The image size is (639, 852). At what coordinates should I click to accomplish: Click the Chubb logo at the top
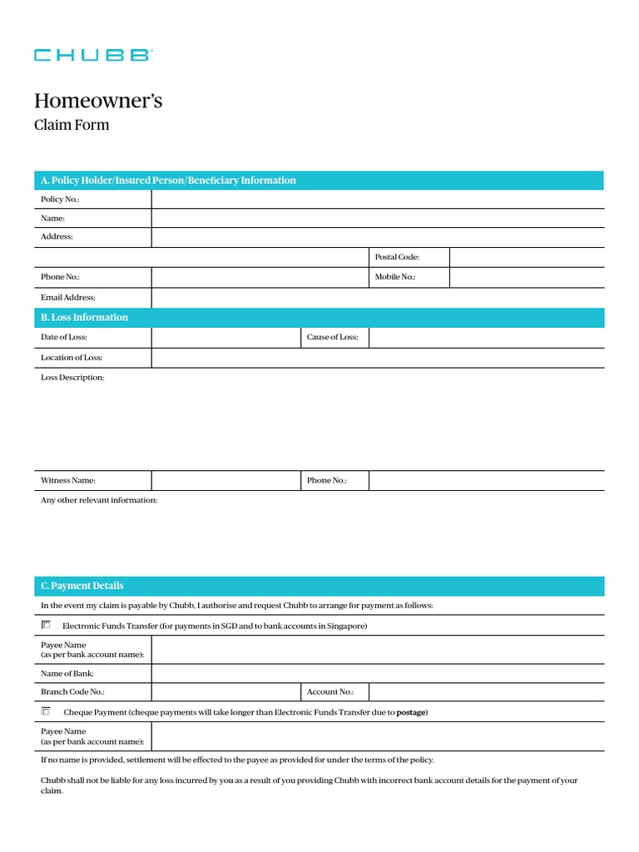pos(92,55)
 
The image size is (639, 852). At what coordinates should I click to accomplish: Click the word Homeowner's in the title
pos(98,102)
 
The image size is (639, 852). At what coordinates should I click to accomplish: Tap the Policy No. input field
pos(377,200)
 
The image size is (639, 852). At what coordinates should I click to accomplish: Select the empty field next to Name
pos(377,218)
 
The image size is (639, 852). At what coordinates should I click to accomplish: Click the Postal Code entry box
pos(526,257)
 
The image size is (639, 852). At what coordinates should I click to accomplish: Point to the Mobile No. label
pos(395,277)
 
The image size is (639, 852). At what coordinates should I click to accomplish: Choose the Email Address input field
pos(377,297)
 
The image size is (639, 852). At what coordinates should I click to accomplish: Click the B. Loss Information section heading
pos(85,317)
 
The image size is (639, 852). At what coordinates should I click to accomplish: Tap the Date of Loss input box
pos(225,337)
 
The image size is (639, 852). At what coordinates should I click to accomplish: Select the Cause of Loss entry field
pos(486,337)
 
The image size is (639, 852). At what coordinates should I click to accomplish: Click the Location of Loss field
pos(377,358)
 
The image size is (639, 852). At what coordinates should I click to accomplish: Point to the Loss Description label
pos(72,378)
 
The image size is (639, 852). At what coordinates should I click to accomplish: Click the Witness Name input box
pos(225,480)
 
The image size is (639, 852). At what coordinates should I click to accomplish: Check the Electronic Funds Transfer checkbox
pos(46,625)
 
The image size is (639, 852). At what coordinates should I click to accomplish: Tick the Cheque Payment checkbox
pos(46,711)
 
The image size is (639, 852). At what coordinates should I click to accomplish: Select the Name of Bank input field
pos(377,673)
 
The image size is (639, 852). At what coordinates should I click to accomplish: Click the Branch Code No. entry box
pos(225,691)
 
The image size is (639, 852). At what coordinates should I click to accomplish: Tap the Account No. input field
pos(486,691)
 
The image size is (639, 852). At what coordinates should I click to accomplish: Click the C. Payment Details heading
pos(82,586)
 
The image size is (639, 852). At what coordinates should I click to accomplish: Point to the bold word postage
pos(411,712)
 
